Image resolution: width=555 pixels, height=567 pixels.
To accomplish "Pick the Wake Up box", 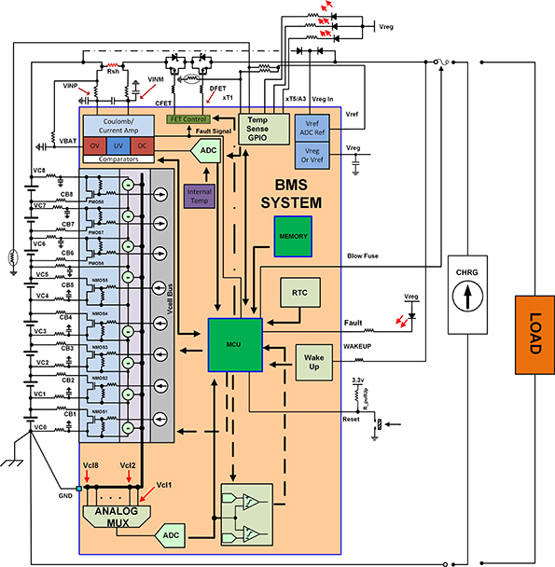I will (313, 360).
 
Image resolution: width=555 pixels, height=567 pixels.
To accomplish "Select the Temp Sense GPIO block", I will (257, 129).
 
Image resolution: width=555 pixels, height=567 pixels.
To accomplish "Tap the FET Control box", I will (188, 119).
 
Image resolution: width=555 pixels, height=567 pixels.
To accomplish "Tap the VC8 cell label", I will (38, 170).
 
